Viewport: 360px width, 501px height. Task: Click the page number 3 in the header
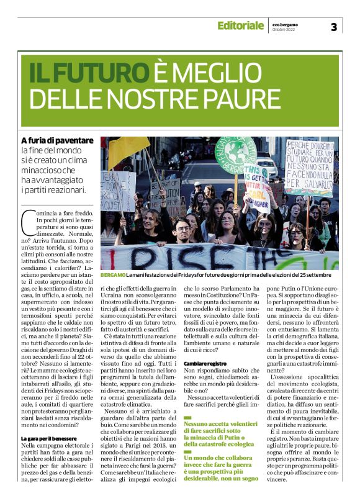(x=333, y=27)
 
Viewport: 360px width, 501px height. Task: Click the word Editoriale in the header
(x=240, y=25)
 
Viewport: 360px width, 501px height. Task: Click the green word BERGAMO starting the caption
(x=112, y=274)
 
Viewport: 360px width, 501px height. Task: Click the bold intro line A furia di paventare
(x=58, y=141)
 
